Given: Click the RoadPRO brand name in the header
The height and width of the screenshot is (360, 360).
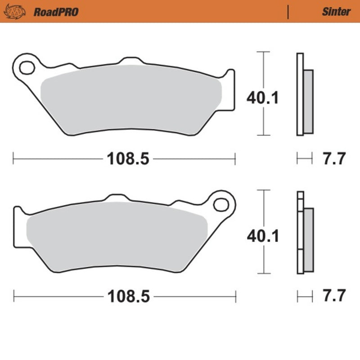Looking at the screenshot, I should point(56,12).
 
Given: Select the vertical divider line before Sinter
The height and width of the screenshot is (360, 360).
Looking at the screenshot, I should point(288,12).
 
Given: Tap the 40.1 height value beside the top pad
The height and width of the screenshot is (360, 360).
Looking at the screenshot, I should point(262,97).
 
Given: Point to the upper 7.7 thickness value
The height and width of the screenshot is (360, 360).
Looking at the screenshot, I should point(333,158).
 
